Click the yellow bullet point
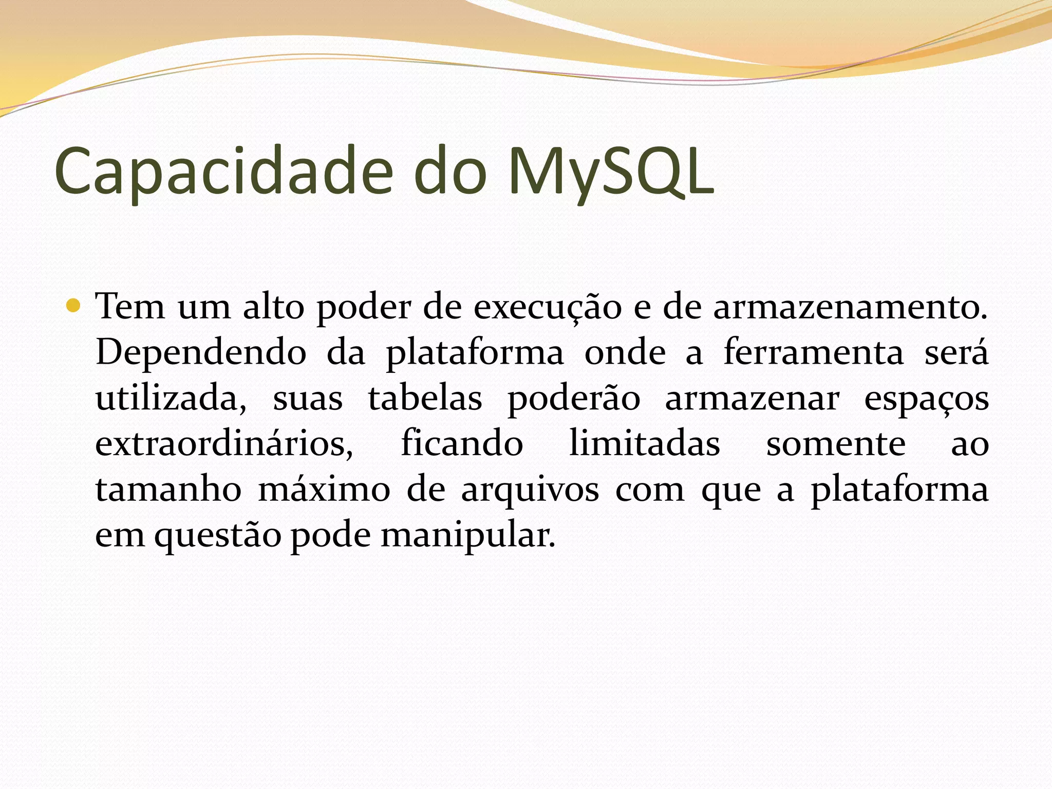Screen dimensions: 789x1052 (73, 307)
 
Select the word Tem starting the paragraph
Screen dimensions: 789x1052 (130, 307)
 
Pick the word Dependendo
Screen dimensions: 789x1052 (201, 353)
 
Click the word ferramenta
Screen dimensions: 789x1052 (814, 352)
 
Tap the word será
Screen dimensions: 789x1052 (956, 352)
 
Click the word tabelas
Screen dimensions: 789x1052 (425, 398)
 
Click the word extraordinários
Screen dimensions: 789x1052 (224, 444)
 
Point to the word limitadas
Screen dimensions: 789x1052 (644, 444)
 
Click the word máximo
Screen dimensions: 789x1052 (324, 490)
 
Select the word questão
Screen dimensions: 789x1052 (218, 536)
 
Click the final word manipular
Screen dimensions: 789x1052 (467, 536)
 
